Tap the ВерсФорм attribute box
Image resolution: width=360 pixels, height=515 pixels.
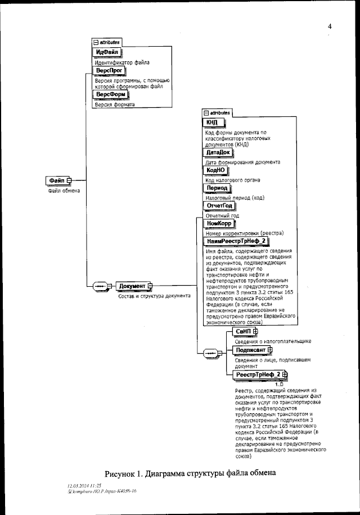pos(110,94)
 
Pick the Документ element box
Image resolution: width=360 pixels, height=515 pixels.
pos(133,286)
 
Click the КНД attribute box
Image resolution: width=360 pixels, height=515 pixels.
pos(213,122)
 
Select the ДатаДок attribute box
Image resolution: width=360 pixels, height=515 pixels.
pos(218,152)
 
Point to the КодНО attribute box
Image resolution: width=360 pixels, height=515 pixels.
pos(215,170)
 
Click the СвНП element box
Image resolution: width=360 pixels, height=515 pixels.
pos(244,333)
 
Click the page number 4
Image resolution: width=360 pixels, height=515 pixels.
pos(330,26)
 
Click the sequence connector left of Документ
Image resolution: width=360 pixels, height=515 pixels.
pos(101,286)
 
